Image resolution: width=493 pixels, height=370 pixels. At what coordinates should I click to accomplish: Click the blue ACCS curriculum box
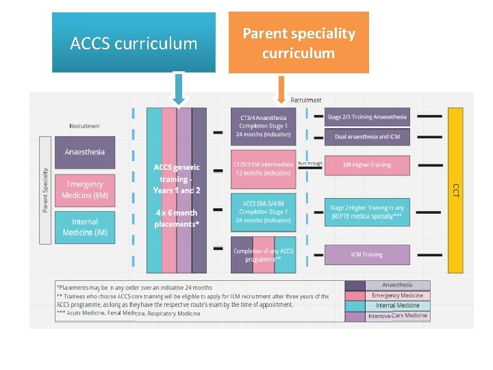[134, 42]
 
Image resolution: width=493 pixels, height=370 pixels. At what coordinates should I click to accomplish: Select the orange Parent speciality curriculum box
[299, 42]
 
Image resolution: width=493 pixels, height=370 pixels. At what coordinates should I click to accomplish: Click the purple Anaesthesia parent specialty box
[85, 152]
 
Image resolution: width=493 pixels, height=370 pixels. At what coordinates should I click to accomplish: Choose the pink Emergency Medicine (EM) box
[85, 190]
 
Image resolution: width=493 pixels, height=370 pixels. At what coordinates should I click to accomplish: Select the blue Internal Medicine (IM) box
[85, 227]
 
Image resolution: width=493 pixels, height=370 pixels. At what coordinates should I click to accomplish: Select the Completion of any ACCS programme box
[264, 255]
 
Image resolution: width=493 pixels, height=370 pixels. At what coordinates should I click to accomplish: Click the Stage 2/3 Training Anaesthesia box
[367, 117]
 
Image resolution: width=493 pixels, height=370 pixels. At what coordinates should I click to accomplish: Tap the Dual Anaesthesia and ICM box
[367, 137]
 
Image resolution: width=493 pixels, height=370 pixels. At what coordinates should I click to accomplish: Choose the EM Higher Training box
[367, 165]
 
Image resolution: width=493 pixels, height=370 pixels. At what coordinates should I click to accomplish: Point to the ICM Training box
[367, 255]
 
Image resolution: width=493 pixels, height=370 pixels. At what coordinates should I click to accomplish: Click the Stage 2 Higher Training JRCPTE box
[367, 212]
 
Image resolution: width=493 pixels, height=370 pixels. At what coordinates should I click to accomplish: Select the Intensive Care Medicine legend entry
[397, 316]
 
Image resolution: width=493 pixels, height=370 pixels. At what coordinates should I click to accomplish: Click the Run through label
[310, 164]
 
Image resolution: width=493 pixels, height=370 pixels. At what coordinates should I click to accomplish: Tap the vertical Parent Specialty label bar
[45, 190]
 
